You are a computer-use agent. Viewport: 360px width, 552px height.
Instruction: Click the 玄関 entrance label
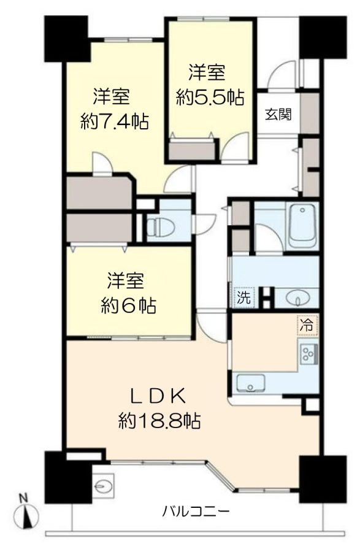278,114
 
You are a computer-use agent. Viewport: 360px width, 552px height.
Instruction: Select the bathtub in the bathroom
302,225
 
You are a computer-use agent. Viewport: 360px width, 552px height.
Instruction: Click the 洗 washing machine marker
243,297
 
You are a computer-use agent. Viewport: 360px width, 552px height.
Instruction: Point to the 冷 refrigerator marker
307,325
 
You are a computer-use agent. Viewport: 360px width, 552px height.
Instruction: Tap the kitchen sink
251,383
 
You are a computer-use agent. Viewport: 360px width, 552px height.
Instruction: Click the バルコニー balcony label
196,510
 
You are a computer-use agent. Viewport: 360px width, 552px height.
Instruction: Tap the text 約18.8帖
160,420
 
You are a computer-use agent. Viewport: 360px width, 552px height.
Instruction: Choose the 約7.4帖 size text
115,122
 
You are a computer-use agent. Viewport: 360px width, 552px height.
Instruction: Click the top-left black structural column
66,39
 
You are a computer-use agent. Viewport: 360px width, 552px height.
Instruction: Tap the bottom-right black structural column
323,479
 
